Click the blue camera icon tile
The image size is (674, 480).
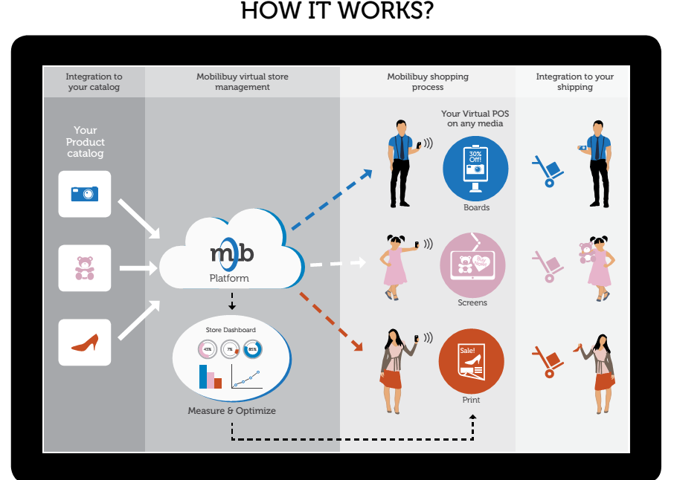click(85, 194)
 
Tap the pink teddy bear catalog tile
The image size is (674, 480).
click(85, 267)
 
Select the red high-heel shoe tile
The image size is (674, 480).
click(85, 343)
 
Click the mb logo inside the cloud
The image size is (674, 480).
click(231, 253)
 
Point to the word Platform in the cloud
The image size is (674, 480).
click(229, 279)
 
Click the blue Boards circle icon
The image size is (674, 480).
click(475, 169)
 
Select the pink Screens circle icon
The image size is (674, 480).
click(472, 265)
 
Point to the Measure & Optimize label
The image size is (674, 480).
click(231, 411)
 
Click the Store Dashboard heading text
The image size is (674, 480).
click(231, 330)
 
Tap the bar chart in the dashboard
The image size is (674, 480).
click(211, 376)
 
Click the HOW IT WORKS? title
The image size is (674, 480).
click(336, 13)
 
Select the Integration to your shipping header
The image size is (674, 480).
click(574, 82)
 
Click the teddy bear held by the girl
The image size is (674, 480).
click(586, 252)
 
